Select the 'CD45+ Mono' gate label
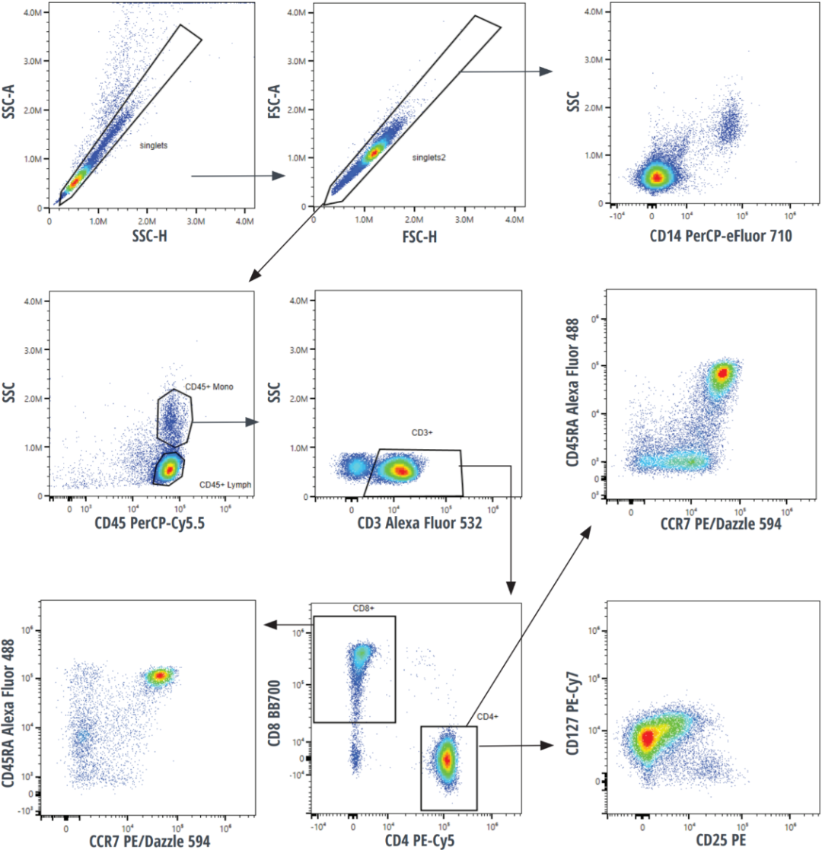pos(208,387)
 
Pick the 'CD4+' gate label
pos(487,716)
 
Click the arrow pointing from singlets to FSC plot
pos(236,176)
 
